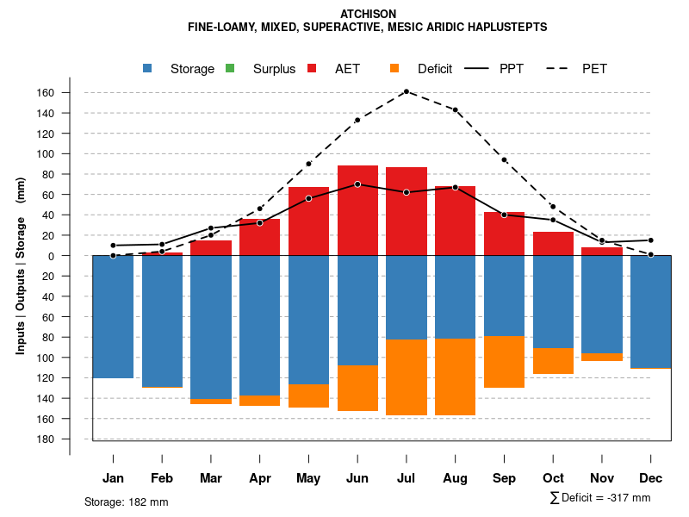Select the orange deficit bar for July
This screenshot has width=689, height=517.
pos(407,377)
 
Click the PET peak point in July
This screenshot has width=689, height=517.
pos(406,91)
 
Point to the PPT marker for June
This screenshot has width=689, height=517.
pos(357,184)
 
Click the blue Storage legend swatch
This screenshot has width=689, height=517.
pos(149,69)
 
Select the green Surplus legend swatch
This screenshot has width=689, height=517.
pos(230,69)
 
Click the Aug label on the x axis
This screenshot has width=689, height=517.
pos(455,478)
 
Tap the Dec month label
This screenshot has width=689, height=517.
pos(650,478)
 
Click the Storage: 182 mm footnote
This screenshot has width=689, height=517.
pos(127,501)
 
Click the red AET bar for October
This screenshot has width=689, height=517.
pos(553,244)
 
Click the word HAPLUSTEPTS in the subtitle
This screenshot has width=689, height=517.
pos(504,28)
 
